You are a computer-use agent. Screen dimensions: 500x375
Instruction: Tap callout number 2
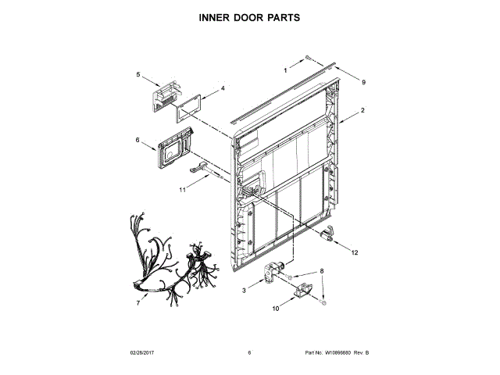(x=363, y=112)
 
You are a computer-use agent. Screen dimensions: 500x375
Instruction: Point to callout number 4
(x=222, y=88)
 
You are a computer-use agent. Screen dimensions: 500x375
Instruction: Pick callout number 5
(x=137, y=74)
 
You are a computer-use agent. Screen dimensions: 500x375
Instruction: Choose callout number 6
(x=137, y=141)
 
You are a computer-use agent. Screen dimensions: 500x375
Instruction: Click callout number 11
(x=182, y=189)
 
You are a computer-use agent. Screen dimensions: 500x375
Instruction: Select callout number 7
(x=137, y=302)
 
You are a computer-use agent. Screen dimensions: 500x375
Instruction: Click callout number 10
(x=274, y=309)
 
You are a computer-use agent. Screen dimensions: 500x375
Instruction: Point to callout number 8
(x=319, y=271)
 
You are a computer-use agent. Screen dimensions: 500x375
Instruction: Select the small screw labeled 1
(x=309, y=58)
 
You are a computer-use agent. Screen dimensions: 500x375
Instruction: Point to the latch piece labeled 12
(x=328, y=233)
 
